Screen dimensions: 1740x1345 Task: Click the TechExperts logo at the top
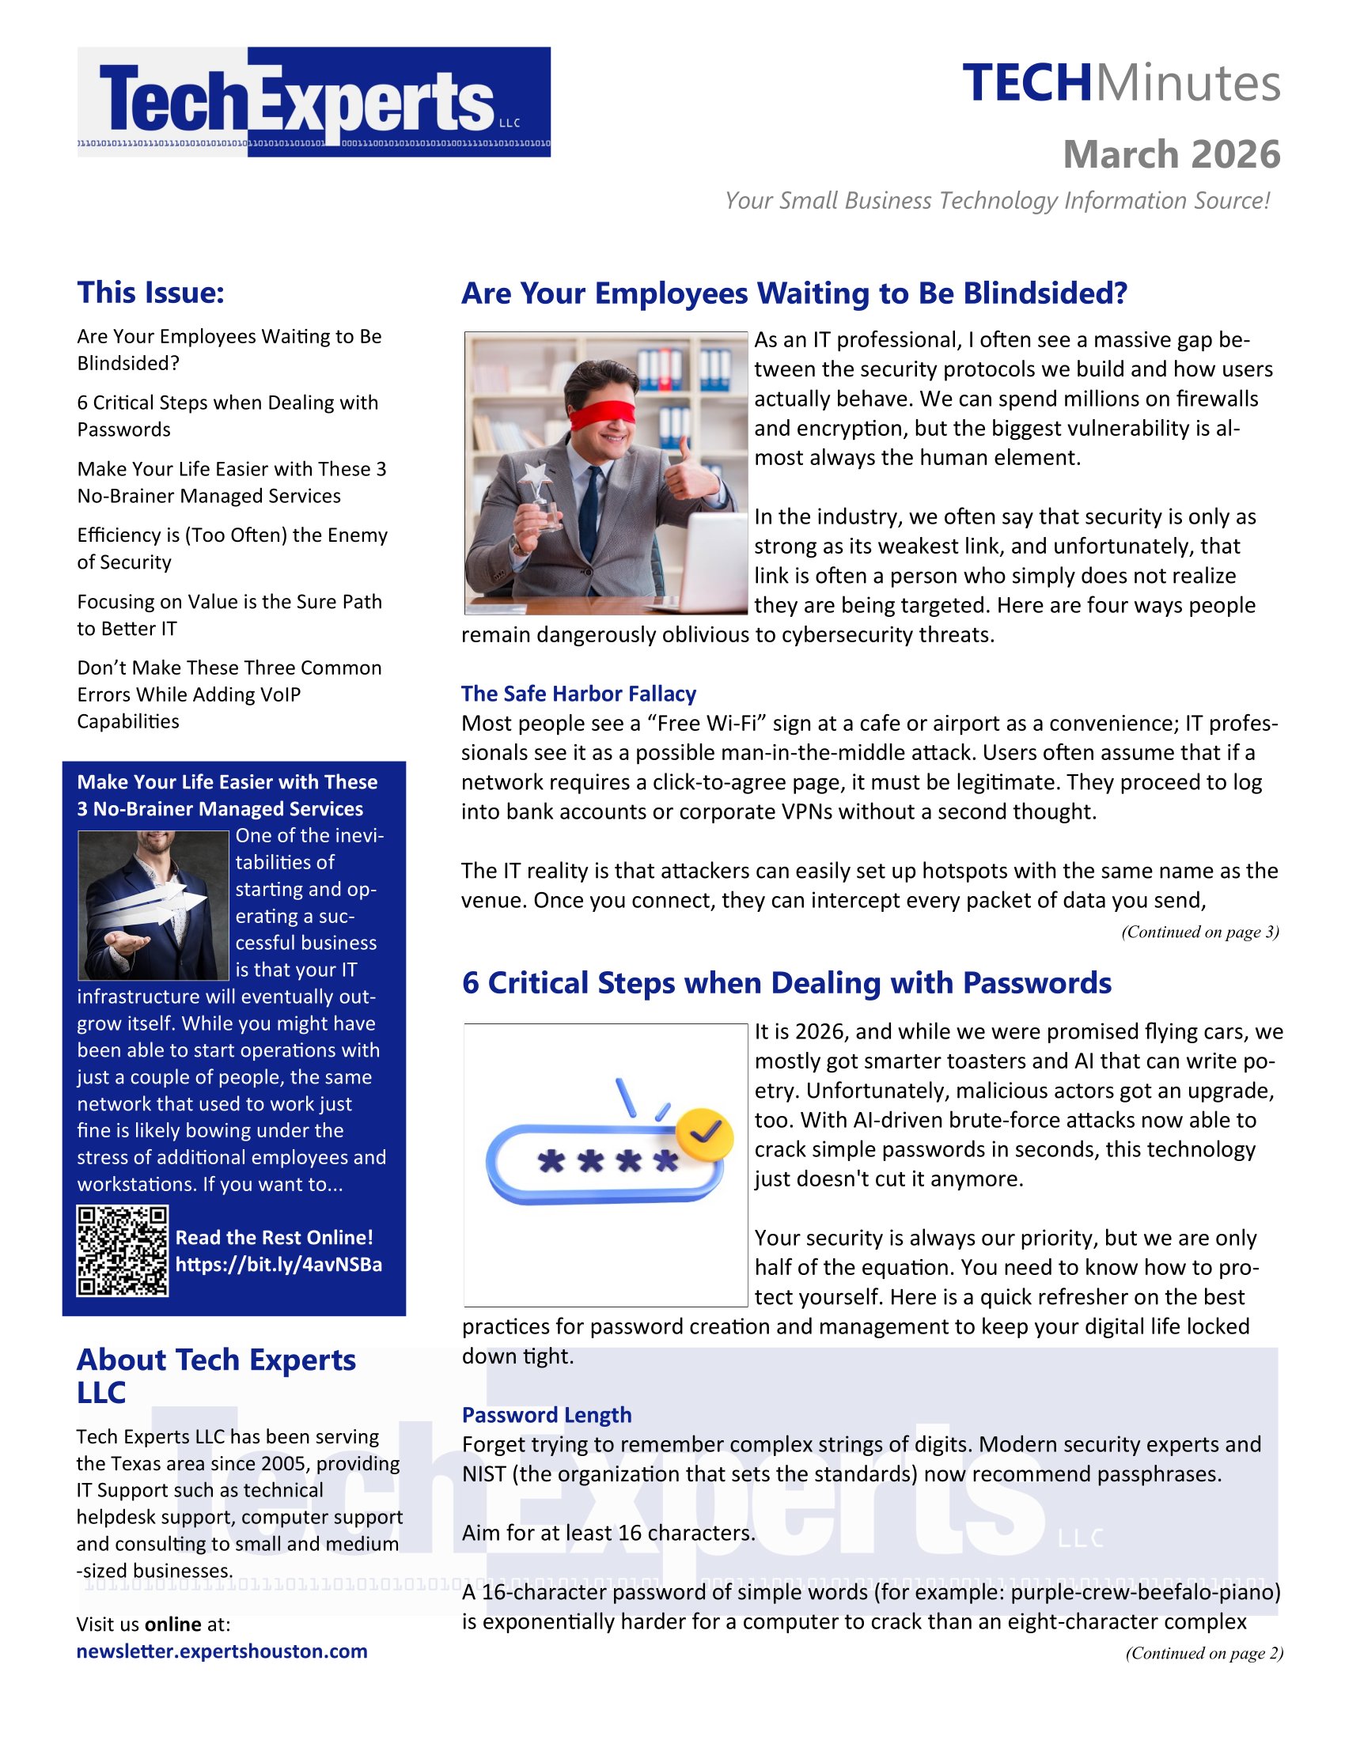313,102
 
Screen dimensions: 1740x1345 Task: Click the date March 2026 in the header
1170,154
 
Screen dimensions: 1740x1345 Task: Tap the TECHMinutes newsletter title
1120,84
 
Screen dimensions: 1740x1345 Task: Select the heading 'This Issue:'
150,293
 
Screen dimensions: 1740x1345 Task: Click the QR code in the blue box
122,1251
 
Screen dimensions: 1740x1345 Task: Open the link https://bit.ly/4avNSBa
278,1265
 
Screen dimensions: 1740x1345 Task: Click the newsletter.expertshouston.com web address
222,1651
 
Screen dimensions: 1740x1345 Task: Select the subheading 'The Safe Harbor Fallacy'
578,693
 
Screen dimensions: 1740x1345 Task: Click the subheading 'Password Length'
547,1414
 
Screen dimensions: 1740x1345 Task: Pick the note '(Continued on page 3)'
1199,932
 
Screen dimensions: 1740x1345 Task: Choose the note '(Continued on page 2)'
1203,1652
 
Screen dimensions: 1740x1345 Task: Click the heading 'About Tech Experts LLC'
216,1376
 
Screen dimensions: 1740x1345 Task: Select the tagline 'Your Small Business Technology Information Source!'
997,200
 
